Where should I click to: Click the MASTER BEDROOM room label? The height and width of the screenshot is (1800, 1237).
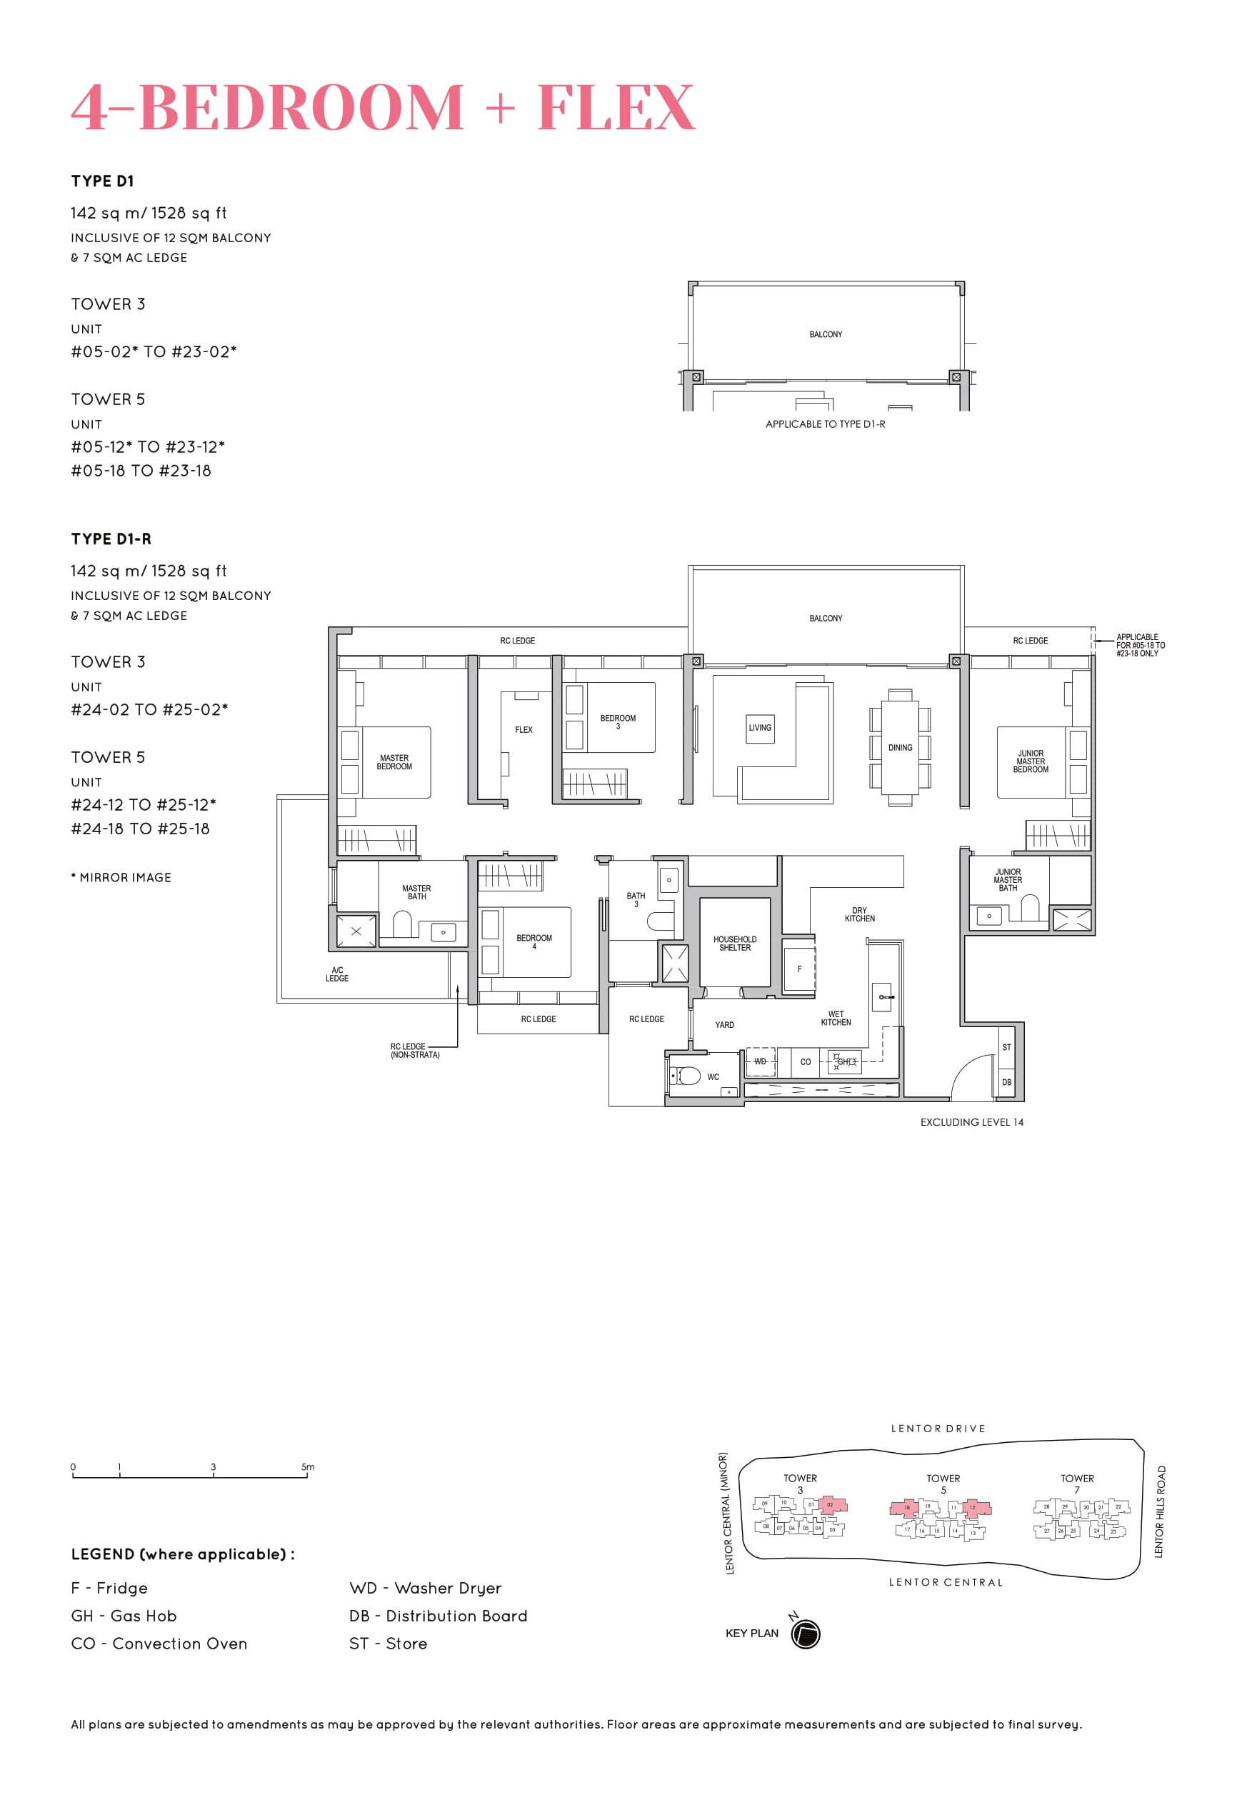(x=394, y=762)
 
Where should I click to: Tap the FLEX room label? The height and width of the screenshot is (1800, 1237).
(x=524, y=729)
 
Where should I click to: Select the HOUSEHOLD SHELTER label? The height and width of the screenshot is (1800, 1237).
(x=734, y=943)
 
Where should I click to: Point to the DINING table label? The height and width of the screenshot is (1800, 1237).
(x=900, y=747)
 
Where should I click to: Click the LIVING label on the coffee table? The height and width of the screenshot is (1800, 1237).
(x=760, y=727)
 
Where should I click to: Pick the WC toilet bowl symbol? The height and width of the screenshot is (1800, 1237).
(x=686, y=1076)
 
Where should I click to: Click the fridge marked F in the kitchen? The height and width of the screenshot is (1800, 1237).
(x=799, y=969)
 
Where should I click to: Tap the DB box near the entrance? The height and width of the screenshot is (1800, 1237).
(x=1006, y=1082)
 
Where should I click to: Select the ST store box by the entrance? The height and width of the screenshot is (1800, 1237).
(x=1006, y=1047)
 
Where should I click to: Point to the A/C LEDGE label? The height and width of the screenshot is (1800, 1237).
(x=337, y=974)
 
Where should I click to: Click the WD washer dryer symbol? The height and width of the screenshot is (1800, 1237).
(x=760, y=1061)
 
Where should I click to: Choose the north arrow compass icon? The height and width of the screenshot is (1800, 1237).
(x=806, y=1634)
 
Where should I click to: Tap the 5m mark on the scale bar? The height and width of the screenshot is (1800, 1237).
(x=308, y=1466)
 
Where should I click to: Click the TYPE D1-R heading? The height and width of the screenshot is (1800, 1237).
(x=111, y=539)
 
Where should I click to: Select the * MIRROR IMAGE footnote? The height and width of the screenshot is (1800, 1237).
(x=121, y=878)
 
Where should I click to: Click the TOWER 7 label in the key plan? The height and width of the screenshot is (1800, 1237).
(x=1076, y=1483)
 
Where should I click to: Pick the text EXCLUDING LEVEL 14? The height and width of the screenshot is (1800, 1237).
(x=971, y=1121)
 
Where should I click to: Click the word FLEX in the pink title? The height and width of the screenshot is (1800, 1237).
(x=616, y=107)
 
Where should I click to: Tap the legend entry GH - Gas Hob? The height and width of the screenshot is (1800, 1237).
(x=124, y=1616)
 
